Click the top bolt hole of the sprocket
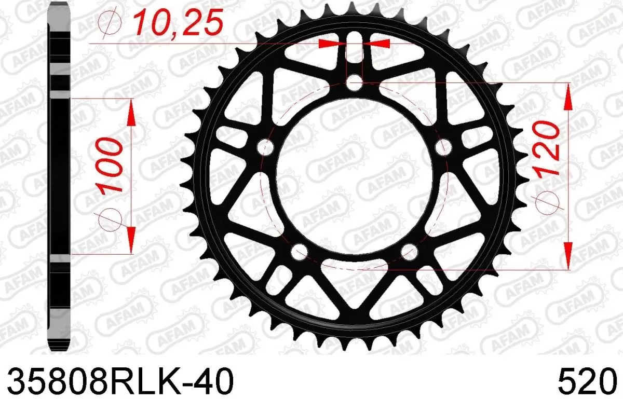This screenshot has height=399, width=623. point(355,81)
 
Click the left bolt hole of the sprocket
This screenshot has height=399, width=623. point(266,147)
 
